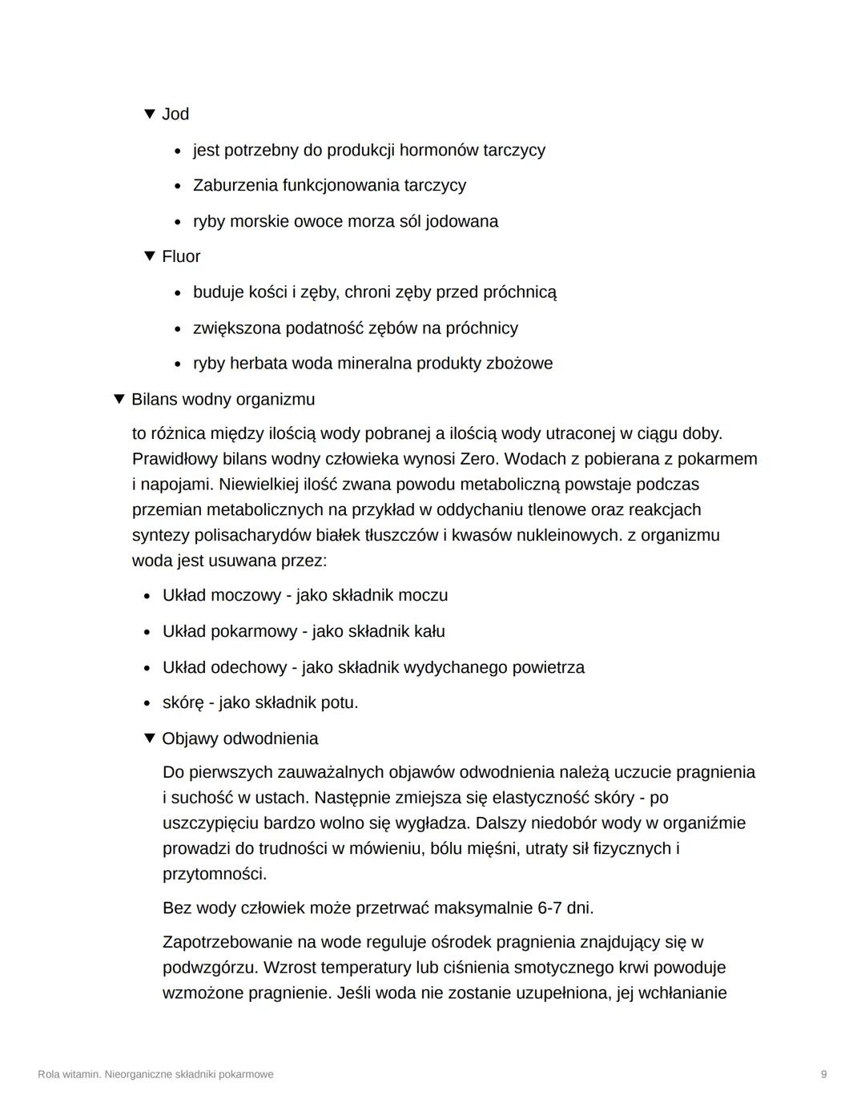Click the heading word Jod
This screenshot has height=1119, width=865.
tap(175, 115)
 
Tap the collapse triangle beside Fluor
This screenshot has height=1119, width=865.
tap(149, 256)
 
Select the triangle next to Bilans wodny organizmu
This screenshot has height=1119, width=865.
tap(119, 399)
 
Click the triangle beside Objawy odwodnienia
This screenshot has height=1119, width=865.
tap(149, 738)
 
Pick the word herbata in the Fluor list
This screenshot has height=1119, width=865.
tap(258, 364)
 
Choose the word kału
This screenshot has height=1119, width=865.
tap(429, 631)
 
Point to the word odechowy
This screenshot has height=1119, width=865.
tap(247, 667)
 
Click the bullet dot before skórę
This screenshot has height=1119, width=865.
tap(147, 703)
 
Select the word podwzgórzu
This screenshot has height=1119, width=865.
tap(207, 968)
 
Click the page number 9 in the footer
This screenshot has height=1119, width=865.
tap(823, 1074)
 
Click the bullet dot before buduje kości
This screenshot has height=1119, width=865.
tap(177, 293)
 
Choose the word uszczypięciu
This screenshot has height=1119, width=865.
tap(211, 823)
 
